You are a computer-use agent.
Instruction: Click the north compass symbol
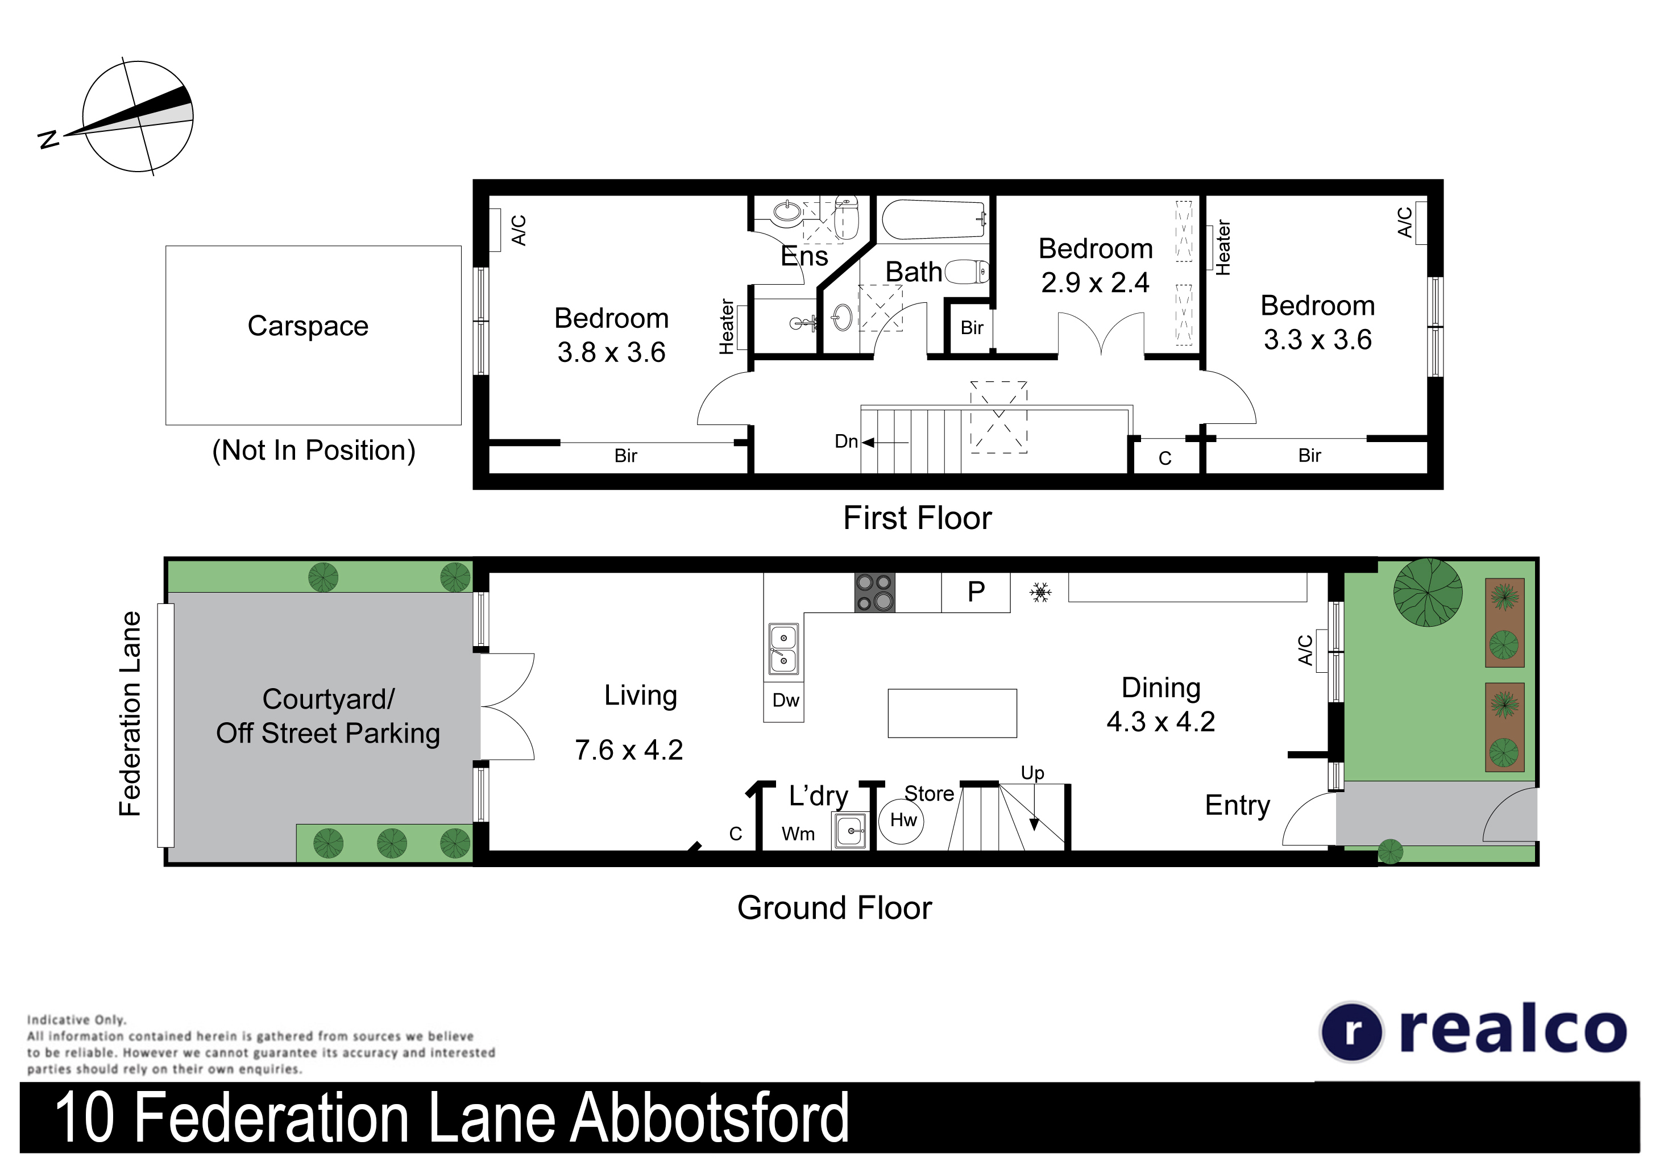point(137,116)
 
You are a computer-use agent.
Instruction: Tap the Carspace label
point(308,326)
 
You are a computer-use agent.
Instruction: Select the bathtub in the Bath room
point(933,220)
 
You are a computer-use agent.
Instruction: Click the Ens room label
point(804,256)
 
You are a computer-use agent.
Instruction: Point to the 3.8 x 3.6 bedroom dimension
point(611,352)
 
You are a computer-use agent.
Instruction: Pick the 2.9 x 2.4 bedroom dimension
point(1095,282)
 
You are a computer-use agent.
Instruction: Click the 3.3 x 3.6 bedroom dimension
point(1318,339)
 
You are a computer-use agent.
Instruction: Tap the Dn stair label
point(846,441)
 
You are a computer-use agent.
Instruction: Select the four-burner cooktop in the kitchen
point(874,592)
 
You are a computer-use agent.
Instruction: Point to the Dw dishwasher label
point(786,701)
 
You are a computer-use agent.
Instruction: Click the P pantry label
point(976,592)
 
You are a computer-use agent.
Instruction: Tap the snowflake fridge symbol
point(1040,592)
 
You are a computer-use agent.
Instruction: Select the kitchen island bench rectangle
point(952,714)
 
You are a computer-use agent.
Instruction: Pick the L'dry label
point(818,796)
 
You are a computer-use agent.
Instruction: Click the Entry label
point(1238,806)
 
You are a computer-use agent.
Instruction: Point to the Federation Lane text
point(130,714)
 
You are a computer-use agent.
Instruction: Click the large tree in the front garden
point(1428,592)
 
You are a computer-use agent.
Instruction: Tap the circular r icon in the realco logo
point(1352,1032)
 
